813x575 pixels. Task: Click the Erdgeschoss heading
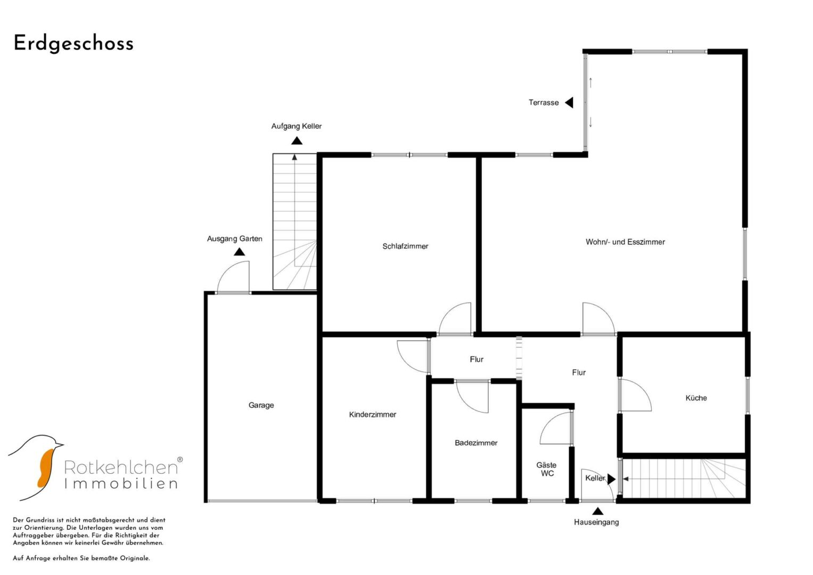click(x=73, y=44)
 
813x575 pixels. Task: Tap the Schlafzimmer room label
click(x=405, y=246)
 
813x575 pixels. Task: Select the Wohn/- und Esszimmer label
click(x=626, y=242)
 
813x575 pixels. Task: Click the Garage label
click(x=261, y=405)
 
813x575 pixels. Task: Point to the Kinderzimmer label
click(x=372, y=414)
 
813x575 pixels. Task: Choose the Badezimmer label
click(x=476, y=442)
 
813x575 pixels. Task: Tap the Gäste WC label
click(x=547, y=469)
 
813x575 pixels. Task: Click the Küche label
click(x=696, y=398)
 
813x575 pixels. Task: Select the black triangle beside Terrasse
click(x=570, y=103)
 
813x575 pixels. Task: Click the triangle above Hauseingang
click(x=598, y=512)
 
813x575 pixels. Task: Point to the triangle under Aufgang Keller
click(x=297, y=141)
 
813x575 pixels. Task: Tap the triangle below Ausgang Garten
click(x=239, y=251)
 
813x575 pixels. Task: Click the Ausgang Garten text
click(x=234, y=239)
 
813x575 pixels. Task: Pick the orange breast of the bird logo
click(x=45, y=467)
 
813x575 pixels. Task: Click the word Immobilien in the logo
click(x=121, y=483)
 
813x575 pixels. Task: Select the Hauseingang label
click(x=596, y=522)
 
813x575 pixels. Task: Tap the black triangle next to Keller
click(x=612, y=479)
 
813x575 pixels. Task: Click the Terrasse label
click(x=543, y=102)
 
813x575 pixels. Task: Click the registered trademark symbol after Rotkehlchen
click(x=180, y=459)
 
